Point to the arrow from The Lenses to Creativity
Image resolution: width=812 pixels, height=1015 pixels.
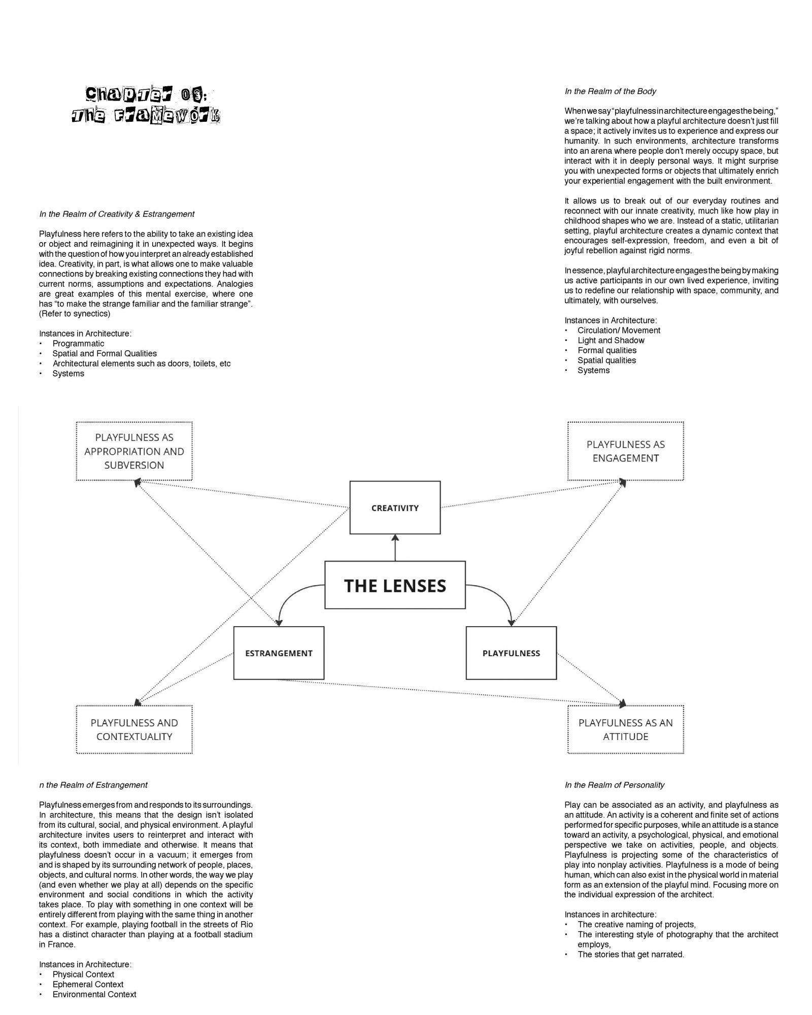395,548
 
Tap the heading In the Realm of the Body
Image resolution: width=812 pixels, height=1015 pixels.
611,91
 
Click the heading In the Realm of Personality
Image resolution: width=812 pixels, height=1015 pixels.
615,785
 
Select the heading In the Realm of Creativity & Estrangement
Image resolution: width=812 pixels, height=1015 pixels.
117,214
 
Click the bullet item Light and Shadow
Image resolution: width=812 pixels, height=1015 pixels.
611,341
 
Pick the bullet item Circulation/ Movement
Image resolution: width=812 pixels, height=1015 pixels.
619,330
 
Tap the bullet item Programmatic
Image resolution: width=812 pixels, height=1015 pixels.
78,344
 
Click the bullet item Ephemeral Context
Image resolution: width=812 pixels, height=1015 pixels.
88,985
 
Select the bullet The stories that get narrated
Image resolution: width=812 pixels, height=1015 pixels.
631,955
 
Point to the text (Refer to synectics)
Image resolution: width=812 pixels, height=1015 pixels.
75,314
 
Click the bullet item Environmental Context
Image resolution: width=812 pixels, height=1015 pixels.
94,995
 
